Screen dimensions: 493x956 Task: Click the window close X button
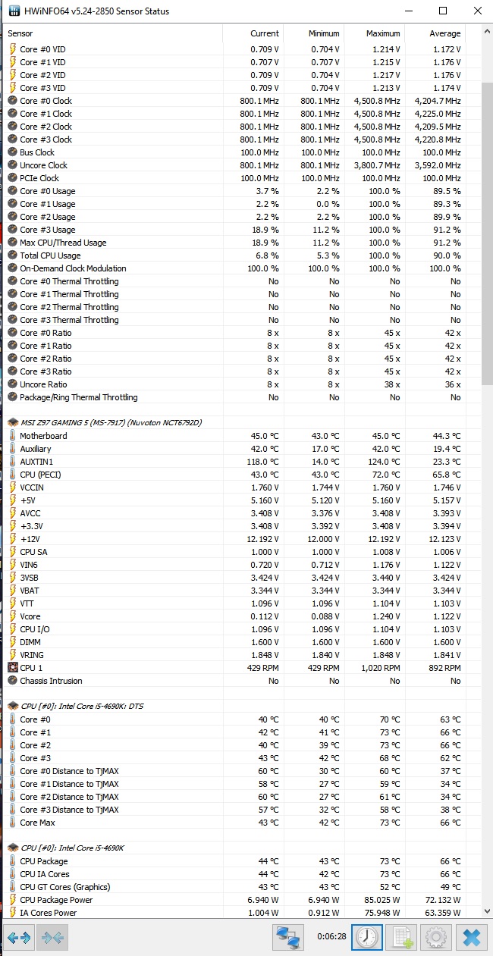[x=478, y=11]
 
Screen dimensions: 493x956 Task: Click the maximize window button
[x=443, y=11]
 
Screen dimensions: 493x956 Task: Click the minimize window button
[x=409, y=11]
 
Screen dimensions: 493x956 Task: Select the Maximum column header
[x=383, y=33]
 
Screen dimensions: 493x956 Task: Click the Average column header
[x=444, y=33]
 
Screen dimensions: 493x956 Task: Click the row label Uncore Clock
[x=43, y=165]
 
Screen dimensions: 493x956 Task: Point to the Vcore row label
[x=30, y=616]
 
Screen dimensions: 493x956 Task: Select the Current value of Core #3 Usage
[x=265, y=230]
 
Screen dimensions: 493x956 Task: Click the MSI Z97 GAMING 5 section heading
[x=111, y=422]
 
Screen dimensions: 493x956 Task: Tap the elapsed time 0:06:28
[x=331, y=936]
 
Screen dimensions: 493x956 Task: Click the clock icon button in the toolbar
[x=367, y=937]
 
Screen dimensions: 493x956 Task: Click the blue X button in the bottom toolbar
[x=472, y=937]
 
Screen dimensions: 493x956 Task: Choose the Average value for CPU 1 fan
[x=444, y=668]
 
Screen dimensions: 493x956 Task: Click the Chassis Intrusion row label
[x=51, y=681]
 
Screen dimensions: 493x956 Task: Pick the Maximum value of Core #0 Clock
[x=377, y=101]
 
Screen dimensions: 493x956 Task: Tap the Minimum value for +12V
[x=323, y=539]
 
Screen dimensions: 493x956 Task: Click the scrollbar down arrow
[x=487, y=911]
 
